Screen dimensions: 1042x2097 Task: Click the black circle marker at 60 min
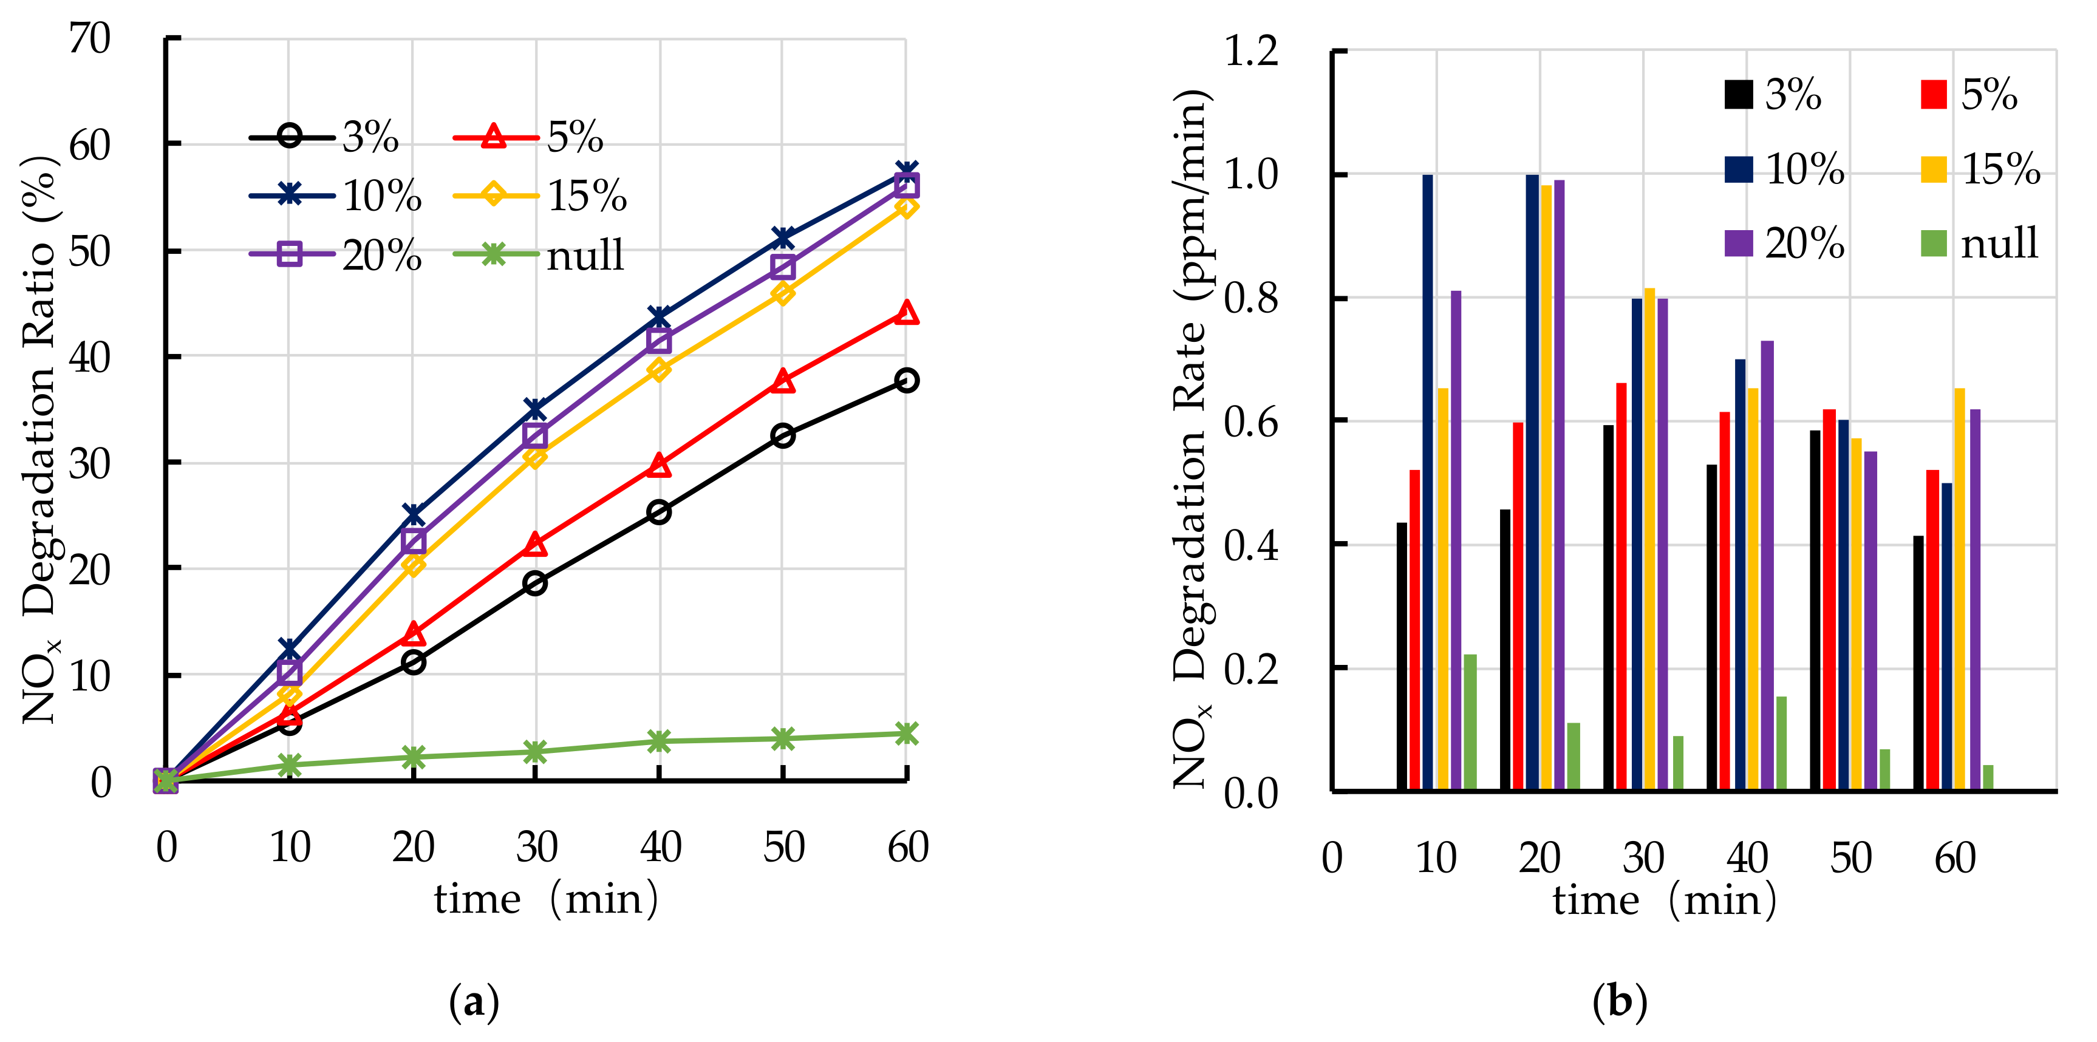(906, 380)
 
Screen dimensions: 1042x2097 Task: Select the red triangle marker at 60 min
(906, 313)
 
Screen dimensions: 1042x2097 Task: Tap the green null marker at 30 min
(535, 751)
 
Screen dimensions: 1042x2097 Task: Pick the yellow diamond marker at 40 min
(658, 370)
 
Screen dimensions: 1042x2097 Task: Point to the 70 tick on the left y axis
(89, 38)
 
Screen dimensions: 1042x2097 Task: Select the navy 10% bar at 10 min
(1428, 482)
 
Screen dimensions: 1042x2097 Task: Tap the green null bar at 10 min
(1470, 721)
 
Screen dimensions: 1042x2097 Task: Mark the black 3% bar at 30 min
(1609, 607)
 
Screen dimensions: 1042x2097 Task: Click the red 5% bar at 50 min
(1829, 599)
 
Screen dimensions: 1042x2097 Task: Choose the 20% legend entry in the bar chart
(1784, 243)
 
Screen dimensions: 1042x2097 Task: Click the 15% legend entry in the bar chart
(1980, 169)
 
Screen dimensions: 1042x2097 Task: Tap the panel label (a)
(474, 1001)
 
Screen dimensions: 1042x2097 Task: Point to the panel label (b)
(1619, 1001)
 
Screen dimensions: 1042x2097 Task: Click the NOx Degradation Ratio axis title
(39, 440)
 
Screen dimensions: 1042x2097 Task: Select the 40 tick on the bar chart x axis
(1747, 858)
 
